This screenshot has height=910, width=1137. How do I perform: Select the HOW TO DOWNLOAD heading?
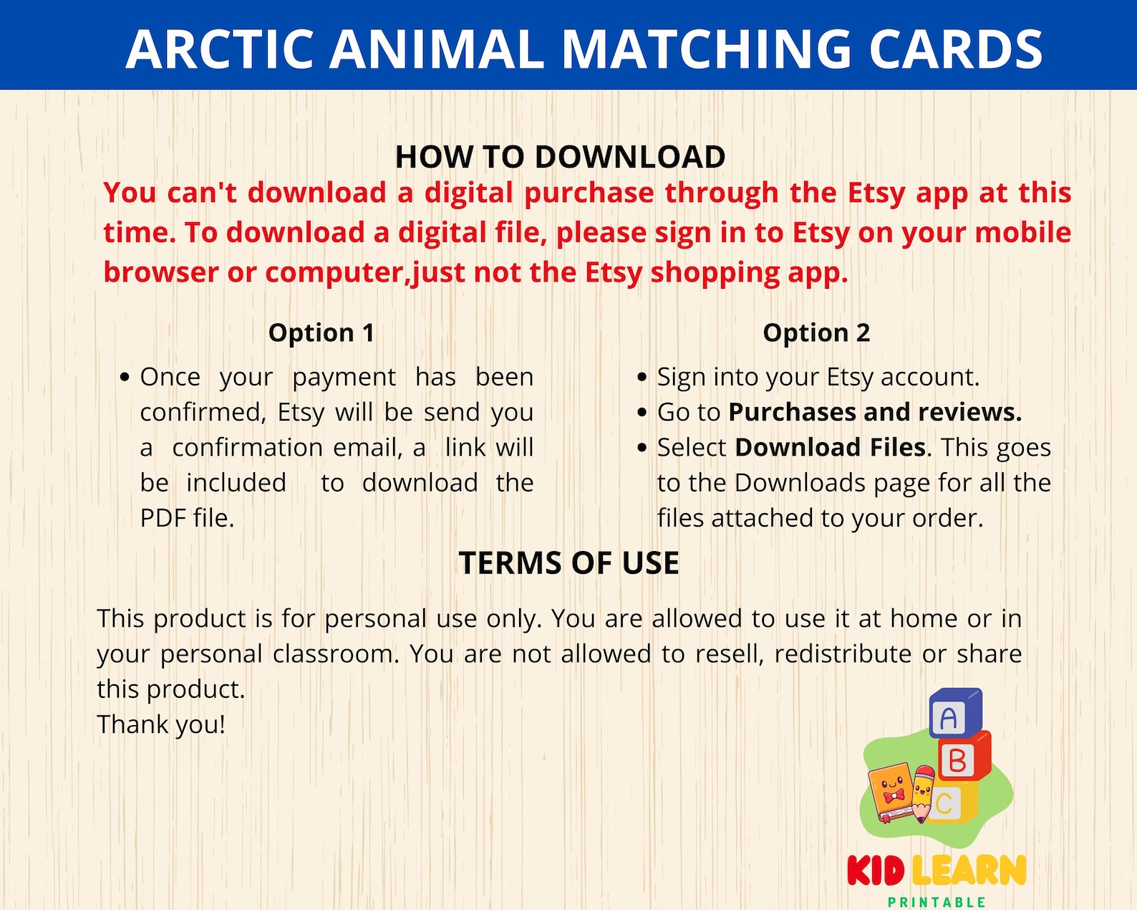coord(560,157)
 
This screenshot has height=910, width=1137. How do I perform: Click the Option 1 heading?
coord(321,332)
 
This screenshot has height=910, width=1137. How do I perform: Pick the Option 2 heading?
coord(816,332)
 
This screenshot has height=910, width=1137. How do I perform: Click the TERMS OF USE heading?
coord(568,563)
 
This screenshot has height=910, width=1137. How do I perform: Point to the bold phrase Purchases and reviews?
coord(875,412)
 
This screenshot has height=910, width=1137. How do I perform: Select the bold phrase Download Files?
coord(831,447)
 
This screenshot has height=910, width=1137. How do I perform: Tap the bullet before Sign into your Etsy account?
coord(642,377)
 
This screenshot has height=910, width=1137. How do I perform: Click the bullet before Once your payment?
coord(125,377)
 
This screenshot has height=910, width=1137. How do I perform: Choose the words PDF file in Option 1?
coord(186,518)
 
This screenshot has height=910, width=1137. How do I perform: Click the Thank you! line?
coord(161,724)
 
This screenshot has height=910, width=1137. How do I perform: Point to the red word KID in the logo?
coord(876,871)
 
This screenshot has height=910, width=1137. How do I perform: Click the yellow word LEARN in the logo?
coord(969,871)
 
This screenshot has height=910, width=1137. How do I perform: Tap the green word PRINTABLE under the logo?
coord(937,902)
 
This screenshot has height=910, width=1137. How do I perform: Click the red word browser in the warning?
coord(160,272)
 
